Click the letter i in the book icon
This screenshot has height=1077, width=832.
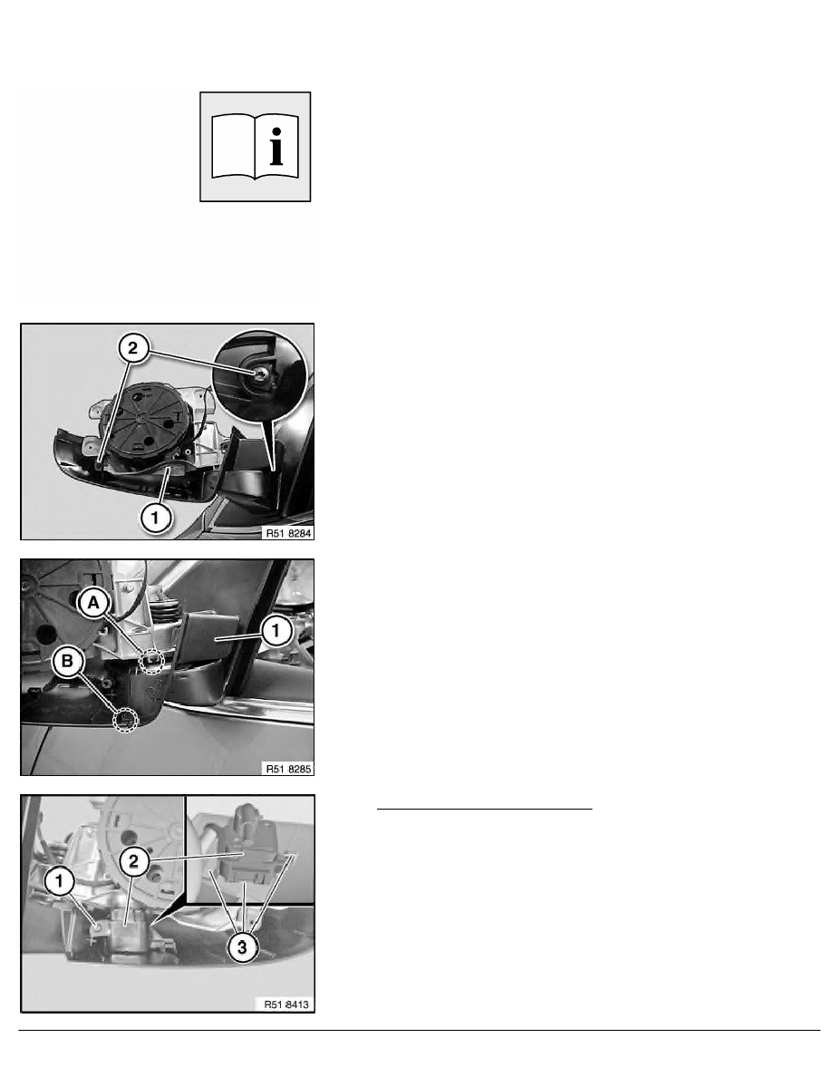pos(276,146)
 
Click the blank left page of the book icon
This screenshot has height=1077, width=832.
pos(233,146)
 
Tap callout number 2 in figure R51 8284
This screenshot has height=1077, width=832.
pos(132,347)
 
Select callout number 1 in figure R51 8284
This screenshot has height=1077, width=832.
pos(155,518)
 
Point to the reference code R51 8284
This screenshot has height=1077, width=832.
pos(288,533)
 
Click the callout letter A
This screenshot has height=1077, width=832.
pos(93,603)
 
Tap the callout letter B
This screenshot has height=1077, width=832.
pos(67,661)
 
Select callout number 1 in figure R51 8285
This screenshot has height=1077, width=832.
pos(276,631)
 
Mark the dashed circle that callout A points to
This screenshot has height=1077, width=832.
pos(152,662)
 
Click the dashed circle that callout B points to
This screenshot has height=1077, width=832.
pos(125,719)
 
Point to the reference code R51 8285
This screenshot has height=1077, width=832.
pos(288,769)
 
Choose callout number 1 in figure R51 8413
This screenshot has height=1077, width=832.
pos(59,881)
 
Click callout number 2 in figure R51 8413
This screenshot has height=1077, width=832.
pos(133,860)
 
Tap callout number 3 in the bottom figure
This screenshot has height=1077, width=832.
pos(242,948)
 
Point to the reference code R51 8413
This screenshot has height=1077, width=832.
pos(287,1004)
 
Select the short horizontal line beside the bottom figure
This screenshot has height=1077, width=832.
pos(484,810)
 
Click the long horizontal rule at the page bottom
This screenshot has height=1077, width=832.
pos(419,1030)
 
